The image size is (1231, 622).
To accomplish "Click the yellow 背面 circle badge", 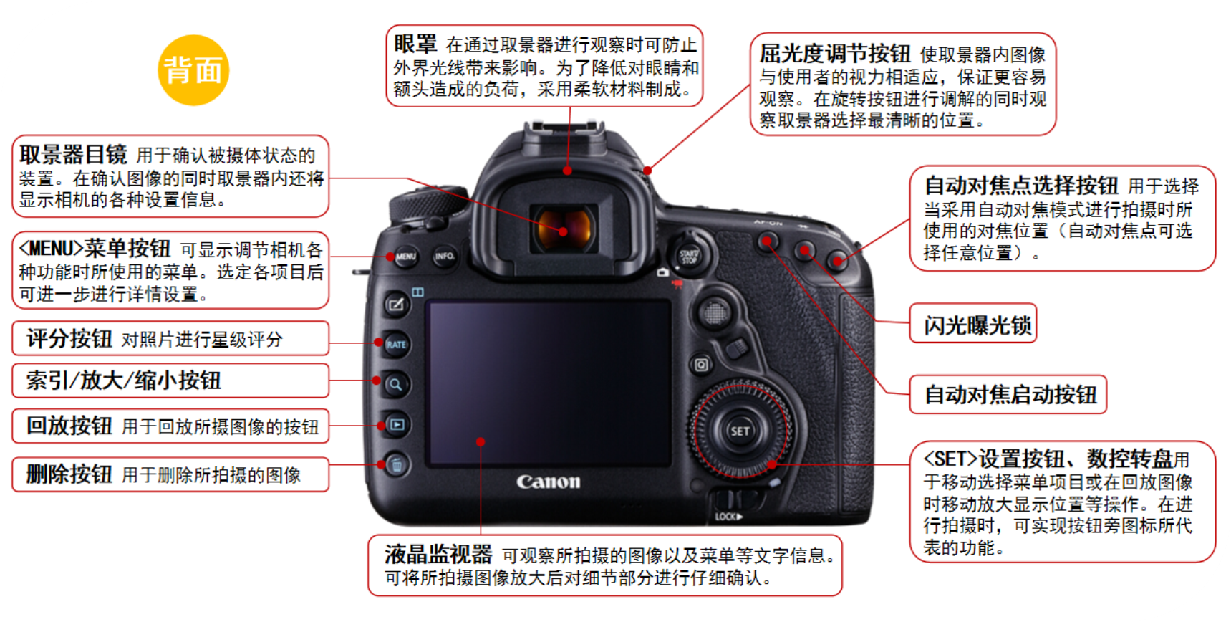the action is pos(193,70).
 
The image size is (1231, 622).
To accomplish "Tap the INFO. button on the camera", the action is pos(445,256).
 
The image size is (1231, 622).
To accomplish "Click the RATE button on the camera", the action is pos(396,345).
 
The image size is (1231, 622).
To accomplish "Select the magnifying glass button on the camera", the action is pos(395,385).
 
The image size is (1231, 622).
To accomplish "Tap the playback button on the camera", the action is pos(396,425).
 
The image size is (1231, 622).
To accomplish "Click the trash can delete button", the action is pos(397,465).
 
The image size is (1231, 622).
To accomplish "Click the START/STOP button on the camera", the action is pos(689,255).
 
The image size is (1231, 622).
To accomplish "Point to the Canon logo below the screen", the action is pos(549,482).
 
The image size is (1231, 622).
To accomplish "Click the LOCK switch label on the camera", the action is pos(728,517).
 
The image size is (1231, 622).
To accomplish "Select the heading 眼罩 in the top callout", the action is pos(415,44).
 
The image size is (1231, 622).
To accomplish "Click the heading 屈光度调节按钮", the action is pos(835,54).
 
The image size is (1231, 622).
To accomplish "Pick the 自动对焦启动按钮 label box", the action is pos(1008,395).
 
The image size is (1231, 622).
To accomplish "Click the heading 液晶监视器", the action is pos(438,554).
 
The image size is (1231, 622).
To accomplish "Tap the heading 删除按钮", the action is pos(69,474).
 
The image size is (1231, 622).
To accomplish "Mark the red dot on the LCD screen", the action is pos(481,441).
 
